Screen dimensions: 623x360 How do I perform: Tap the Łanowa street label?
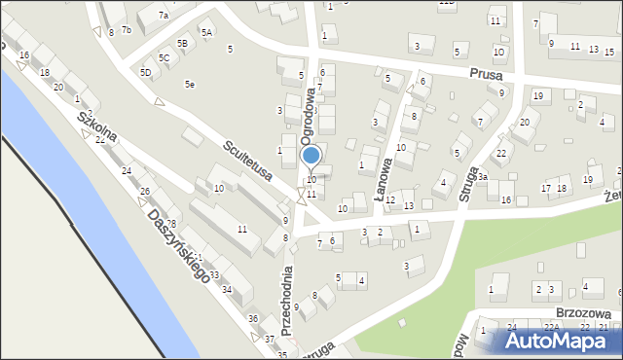pos(385,178)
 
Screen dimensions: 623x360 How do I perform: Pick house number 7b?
pos(126,30)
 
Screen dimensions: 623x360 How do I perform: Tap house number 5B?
pos(182,44)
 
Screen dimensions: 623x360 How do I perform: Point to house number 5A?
pos(206,32)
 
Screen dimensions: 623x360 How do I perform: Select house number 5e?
pos(190,85)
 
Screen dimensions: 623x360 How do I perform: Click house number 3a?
pos(481,177)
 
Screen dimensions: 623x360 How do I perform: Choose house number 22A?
pos(551,327)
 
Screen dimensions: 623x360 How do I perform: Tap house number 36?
pos(252,319)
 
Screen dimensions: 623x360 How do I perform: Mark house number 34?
pos(227,290)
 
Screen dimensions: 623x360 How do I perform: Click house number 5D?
pos(146,72)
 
